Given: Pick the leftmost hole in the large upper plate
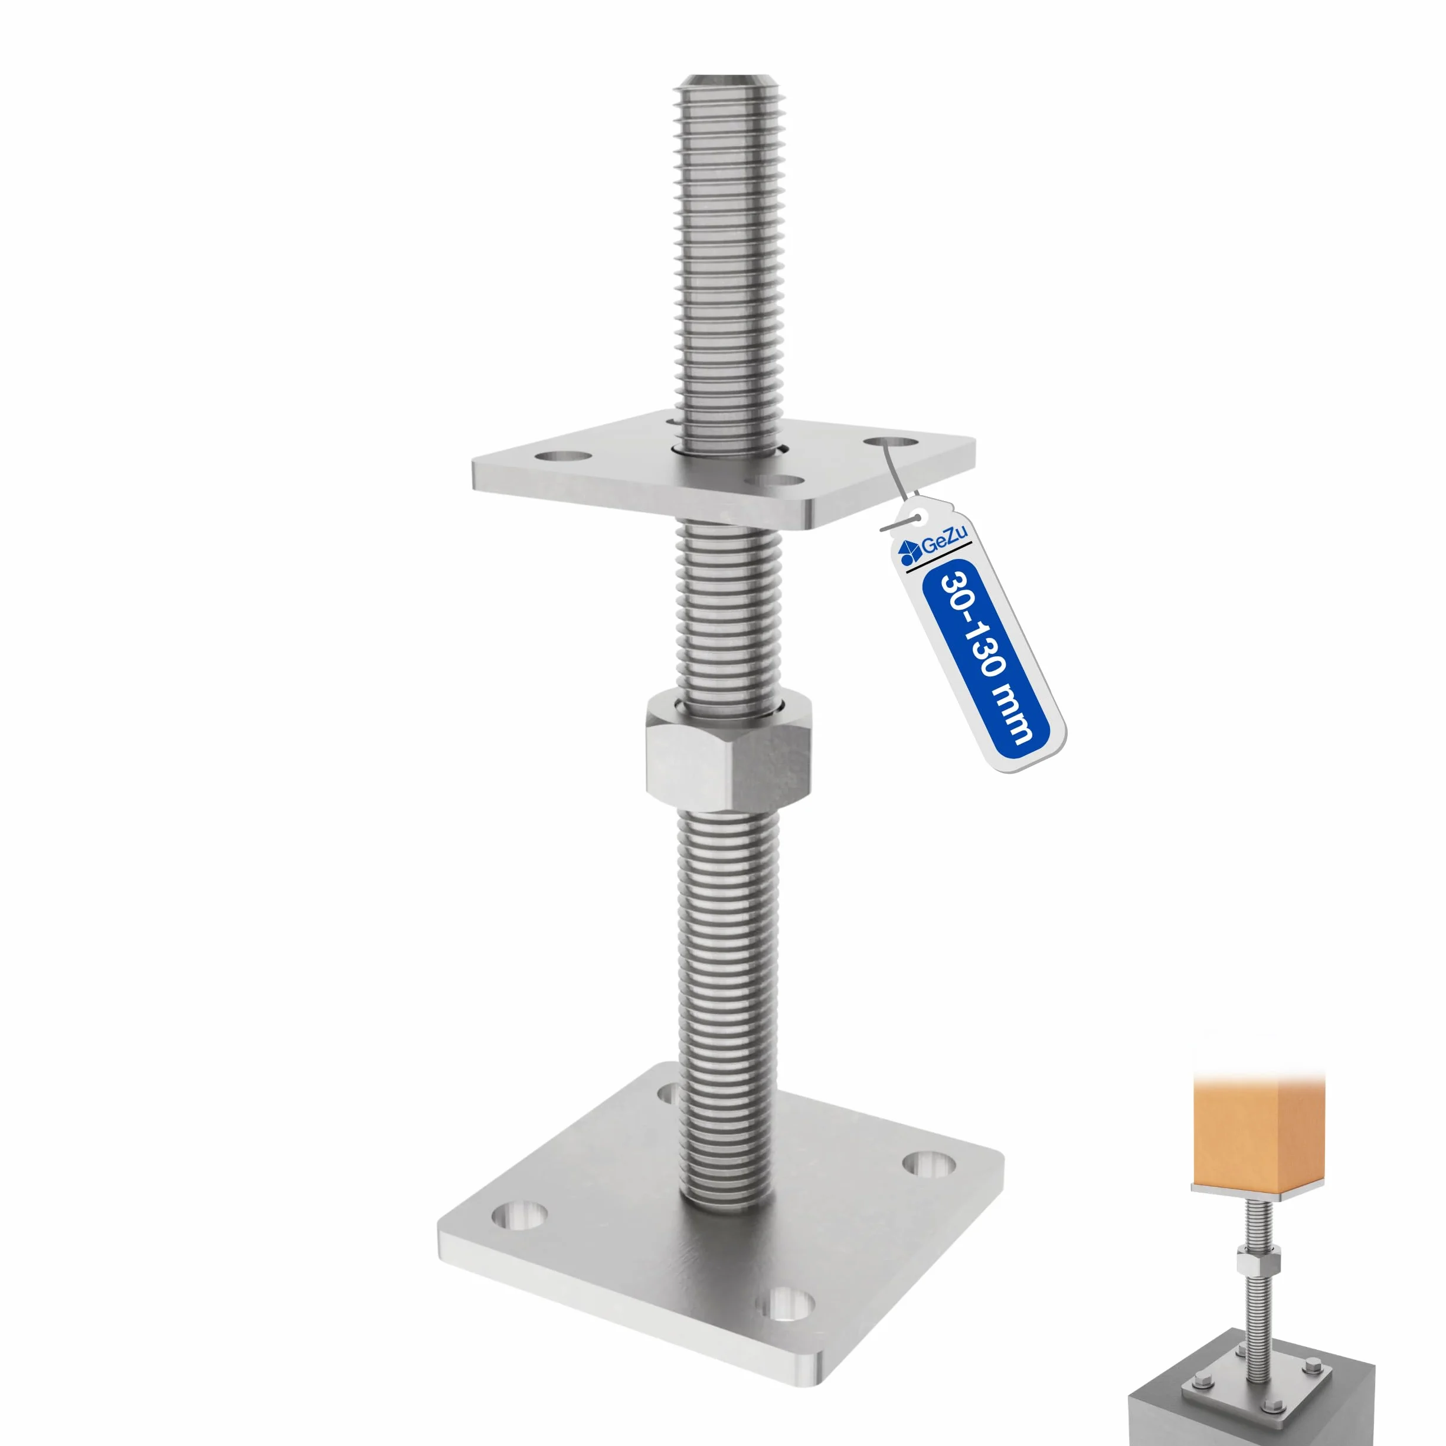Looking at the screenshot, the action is pos(564,456).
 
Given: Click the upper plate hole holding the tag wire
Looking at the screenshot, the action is pos(890,441).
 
